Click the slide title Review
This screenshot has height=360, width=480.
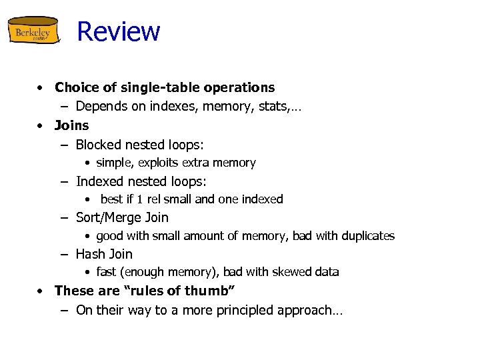click(119, 31)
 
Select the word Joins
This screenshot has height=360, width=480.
click(71, 125)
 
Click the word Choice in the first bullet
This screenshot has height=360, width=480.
click(75, 87)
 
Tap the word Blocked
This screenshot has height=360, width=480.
click(98, 145)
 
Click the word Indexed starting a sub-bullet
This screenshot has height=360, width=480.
click(99, 181)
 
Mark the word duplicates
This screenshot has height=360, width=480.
click(366, 236)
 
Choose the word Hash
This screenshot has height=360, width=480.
click(90, 254)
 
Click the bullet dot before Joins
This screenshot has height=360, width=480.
click(41, 125)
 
